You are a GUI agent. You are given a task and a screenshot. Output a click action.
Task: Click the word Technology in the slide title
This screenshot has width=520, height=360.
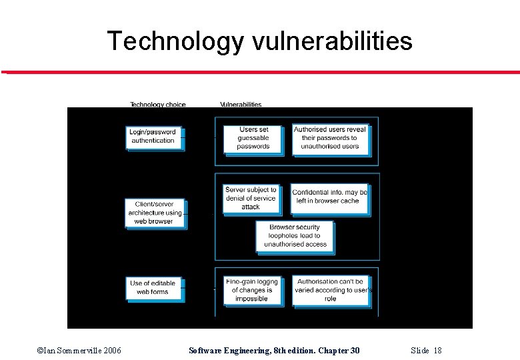click(x=175, y=41)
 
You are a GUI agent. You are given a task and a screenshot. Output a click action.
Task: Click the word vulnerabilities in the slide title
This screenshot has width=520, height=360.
click(x=333, y=41)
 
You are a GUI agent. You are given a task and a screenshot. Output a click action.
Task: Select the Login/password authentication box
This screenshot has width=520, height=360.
click(x=153, y=137)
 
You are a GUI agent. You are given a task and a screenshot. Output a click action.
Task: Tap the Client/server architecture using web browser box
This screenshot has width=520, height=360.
click(x=154, y=213)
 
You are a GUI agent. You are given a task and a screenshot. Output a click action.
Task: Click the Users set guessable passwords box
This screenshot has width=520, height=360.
click(x=253, y=138)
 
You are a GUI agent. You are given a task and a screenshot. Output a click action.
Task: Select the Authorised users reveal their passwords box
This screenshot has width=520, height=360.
click(x=330, y=138)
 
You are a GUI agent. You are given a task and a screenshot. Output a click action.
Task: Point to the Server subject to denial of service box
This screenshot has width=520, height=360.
click(x=251, y=198)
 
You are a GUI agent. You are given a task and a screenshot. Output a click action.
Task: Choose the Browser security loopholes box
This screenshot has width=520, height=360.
click(x=295, y=236)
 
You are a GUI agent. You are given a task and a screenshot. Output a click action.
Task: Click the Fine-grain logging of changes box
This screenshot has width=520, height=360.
click(x=251, y=290)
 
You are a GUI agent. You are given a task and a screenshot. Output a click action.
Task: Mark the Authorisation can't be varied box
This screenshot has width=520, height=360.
click(x=331, y=290)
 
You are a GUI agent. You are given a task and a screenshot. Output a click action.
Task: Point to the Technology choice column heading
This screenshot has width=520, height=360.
click(x=157, y=104)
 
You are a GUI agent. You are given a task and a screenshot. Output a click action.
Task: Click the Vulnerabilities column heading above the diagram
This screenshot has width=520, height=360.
click(x=241, y=104)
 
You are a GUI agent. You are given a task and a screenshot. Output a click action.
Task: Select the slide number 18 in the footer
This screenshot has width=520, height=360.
click(x=427, y=351)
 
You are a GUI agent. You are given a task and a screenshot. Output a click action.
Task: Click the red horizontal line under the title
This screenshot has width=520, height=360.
click(x=260, y=72)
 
